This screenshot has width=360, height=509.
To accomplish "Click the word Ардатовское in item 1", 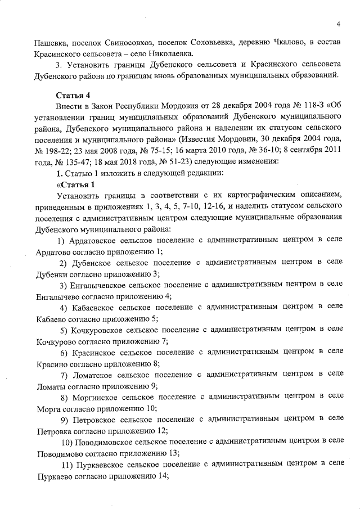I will [96, 240].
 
